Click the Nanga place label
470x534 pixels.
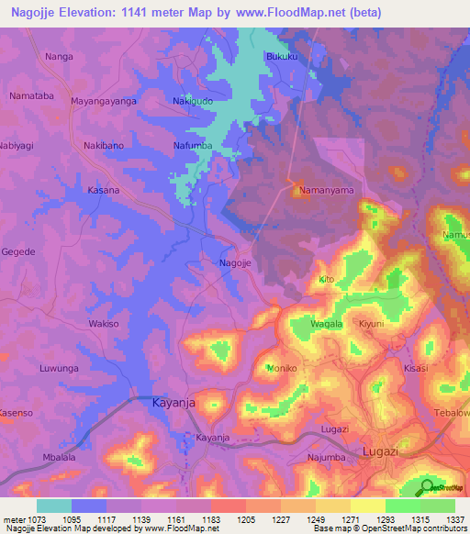[59, 57]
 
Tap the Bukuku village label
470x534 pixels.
[282, 57]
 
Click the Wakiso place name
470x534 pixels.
[104, 324]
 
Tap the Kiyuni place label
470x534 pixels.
[371, 324]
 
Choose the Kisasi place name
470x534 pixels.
[416, 367]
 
